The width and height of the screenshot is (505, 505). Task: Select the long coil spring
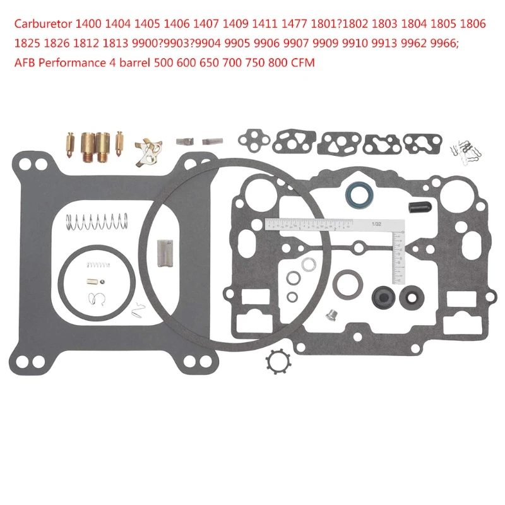click(97, 222)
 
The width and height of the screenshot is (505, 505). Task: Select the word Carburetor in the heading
click(42, 25)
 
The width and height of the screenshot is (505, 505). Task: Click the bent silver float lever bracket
click(151, 151)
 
